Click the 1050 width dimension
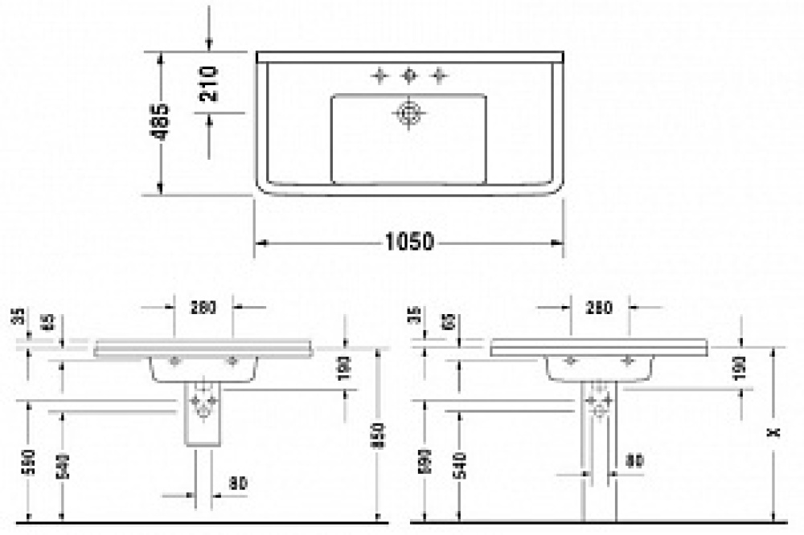coord(410,241)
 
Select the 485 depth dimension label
coord(162,122)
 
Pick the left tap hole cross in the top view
coord(379,76)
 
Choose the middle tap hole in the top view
coord(408,76)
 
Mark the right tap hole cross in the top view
coord(438,76)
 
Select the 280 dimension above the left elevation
coord(204,306)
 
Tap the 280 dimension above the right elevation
coord(600,306)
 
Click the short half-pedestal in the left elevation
coord(203,414)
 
